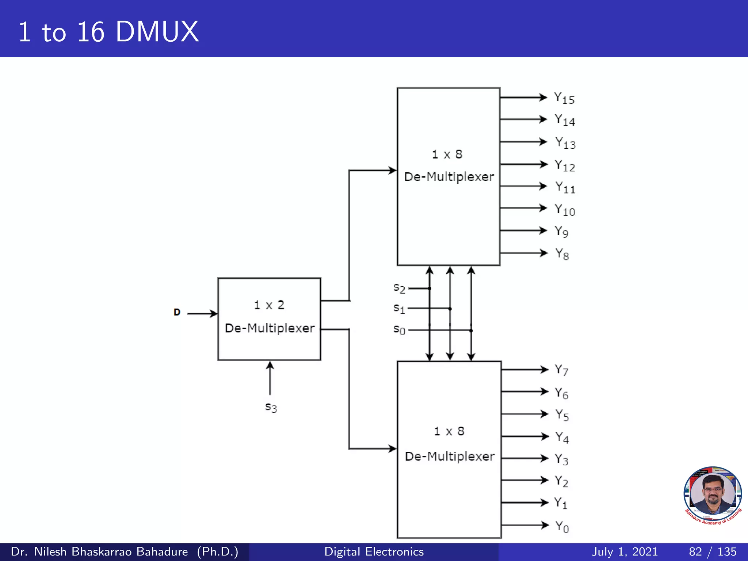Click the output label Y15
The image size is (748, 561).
click(564, 98)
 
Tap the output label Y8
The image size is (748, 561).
click(562, 254)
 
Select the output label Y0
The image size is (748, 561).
click(562, 527)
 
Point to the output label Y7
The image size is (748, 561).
click(561, 370)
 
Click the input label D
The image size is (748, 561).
click(177, 312)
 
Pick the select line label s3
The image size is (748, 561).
click(271, 407)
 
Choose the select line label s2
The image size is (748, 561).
click(399, 288)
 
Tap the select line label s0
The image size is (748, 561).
click(399, 330)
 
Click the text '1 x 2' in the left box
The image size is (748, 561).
click(269, 305)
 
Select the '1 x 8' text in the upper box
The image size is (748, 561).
click(447, 154)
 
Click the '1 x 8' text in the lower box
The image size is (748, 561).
click(449, 431)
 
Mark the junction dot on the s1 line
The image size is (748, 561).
click(450, 309)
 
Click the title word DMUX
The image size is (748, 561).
click(157, 32)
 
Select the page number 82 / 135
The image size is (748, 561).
click(713, 552)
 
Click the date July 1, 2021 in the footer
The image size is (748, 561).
click(625, 552)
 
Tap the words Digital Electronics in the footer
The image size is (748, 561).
click(374, 552)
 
